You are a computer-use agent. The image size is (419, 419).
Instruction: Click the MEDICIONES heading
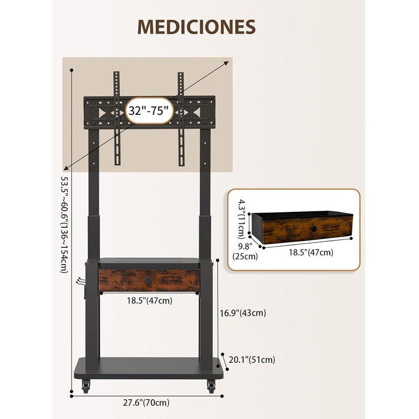(196, 27)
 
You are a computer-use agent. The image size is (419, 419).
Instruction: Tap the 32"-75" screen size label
(148, 110)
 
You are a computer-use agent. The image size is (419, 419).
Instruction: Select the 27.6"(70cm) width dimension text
(146, 402)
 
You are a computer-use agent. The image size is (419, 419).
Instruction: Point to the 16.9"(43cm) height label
(243, 313)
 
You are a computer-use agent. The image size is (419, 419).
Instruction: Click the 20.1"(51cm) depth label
(252, 360)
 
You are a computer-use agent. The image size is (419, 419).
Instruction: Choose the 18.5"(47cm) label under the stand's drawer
(150, 300)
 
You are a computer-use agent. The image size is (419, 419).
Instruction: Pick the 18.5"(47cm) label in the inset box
(311, 252)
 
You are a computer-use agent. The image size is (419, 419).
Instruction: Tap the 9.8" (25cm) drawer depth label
(245, 251)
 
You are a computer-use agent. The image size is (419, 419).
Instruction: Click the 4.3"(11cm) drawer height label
(242, 219)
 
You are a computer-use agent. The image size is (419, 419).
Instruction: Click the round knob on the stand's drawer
(148, 280)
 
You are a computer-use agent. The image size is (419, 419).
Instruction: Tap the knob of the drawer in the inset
(314, 229)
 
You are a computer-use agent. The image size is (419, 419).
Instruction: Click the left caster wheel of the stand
(86, 386)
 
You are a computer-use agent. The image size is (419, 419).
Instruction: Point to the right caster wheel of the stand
(211, 386)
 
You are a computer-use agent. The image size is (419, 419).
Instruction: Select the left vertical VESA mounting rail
(117, 118)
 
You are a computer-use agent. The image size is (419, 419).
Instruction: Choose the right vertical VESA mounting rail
(181, 119)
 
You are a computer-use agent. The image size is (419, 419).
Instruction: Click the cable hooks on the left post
(81, 282)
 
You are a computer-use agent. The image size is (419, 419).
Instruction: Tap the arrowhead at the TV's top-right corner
(226, 63)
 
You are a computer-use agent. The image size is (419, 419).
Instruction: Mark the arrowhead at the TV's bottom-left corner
(66, 168)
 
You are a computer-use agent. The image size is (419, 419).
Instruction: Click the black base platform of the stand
(148, 368)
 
